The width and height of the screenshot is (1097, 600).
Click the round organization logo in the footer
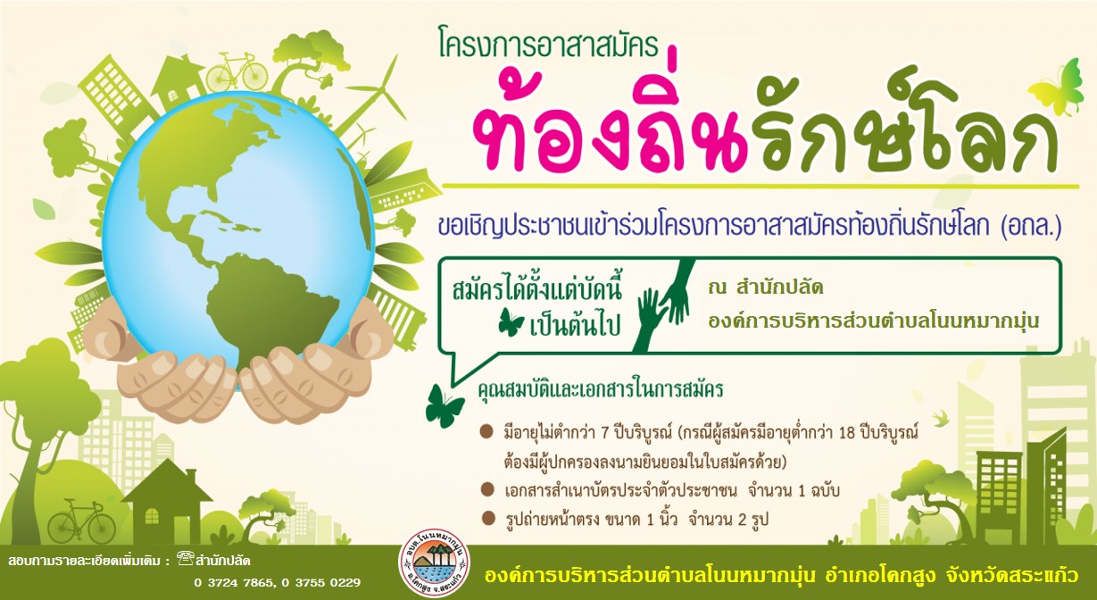click(434, 570)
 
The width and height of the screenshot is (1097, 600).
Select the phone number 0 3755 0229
click(320, 583)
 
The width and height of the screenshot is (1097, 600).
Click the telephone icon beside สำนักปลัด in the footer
click(185, 559)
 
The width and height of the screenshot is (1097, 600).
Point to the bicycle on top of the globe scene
click(236, 71)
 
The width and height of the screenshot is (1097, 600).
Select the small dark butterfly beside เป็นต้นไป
click(511, 323)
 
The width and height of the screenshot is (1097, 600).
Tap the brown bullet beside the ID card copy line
click(487, 490)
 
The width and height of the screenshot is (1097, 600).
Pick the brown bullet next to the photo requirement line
click(487, 518)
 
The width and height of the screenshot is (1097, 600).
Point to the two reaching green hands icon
click(663, 306)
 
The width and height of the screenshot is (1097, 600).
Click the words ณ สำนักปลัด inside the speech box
click(765, 287)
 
